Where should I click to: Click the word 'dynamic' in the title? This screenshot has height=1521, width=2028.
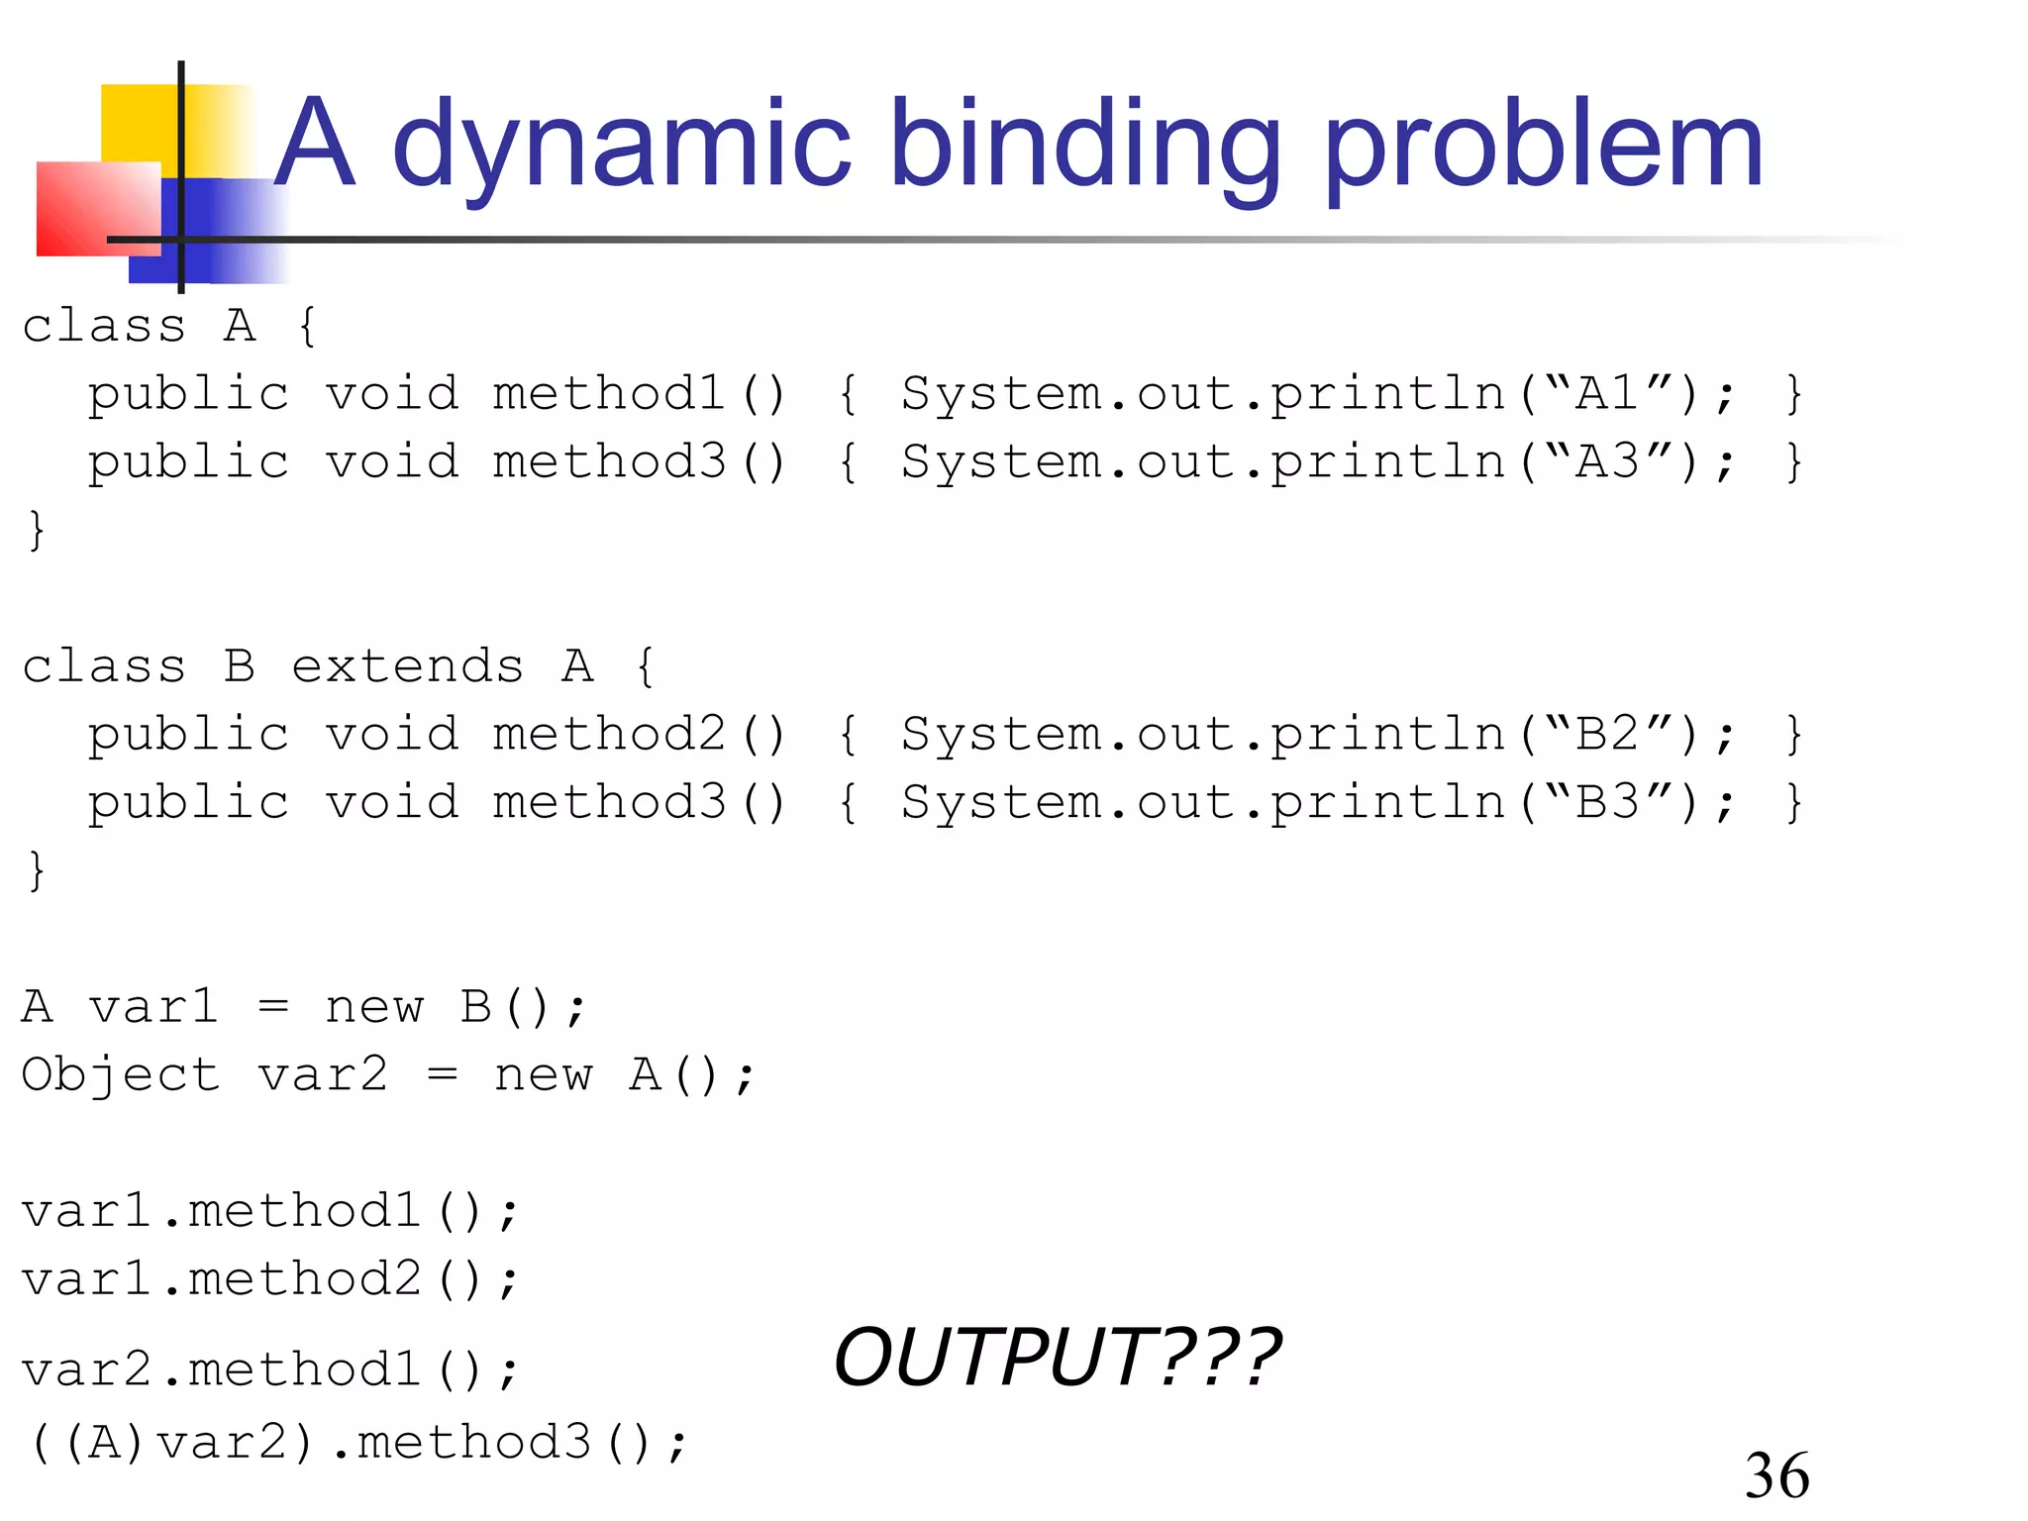(621, 146)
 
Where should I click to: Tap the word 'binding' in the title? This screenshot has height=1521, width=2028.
(1084, 146)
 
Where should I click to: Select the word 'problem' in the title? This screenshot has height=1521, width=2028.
(1543, 146)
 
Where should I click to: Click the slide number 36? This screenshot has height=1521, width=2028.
(1776, 1475)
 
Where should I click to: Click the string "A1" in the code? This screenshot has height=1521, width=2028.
(1607, 393)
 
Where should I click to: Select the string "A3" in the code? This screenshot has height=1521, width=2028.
(1607, 461)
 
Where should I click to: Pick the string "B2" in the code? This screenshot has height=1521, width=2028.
(1607, 734)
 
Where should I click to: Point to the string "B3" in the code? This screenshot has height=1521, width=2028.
(1607, 802)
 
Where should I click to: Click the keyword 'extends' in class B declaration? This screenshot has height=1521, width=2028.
(407, 666)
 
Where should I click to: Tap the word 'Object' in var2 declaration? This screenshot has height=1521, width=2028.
(121, 1075)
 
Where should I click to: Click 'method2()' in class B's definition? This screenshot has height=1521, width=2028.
(639, 735)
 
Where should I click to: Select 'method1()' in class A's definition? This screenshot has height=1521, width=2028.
(639, 394)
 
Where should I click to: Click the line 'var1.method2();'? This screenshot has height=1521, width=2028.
(269, 1279)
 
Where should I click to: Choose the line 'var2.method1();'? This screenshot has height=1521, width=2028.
(269, 1370)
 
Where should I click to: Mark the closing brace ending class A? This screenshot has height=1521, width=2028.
(37, 530)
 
